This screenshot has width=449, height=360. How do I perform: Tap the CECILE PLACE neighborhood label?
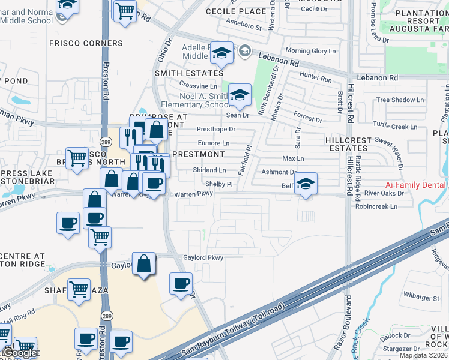pyautogui.click(x=235, y=11)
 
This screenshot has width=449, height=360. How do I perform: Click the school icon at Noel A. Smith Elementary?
pyautogui.click(x=240, y=94)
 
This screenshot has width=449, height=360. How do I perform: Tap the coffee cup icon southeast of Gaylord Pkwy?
pyautogui.click(x=180, y=283)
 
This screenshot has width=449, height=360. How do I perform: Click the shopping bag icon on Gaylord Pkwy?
pyautogui.click(x=144, y=264)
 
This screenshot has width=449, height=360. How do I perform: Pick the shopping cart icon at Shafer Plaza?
pyautogui.click(x=79, y=290)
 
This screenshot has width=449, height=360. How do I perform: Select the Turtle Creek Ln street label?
pyautogui.click(x=395, y=127)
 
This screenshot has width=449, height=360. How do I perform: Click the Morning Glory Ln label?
pyautogui.click(x=310, y=51)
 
